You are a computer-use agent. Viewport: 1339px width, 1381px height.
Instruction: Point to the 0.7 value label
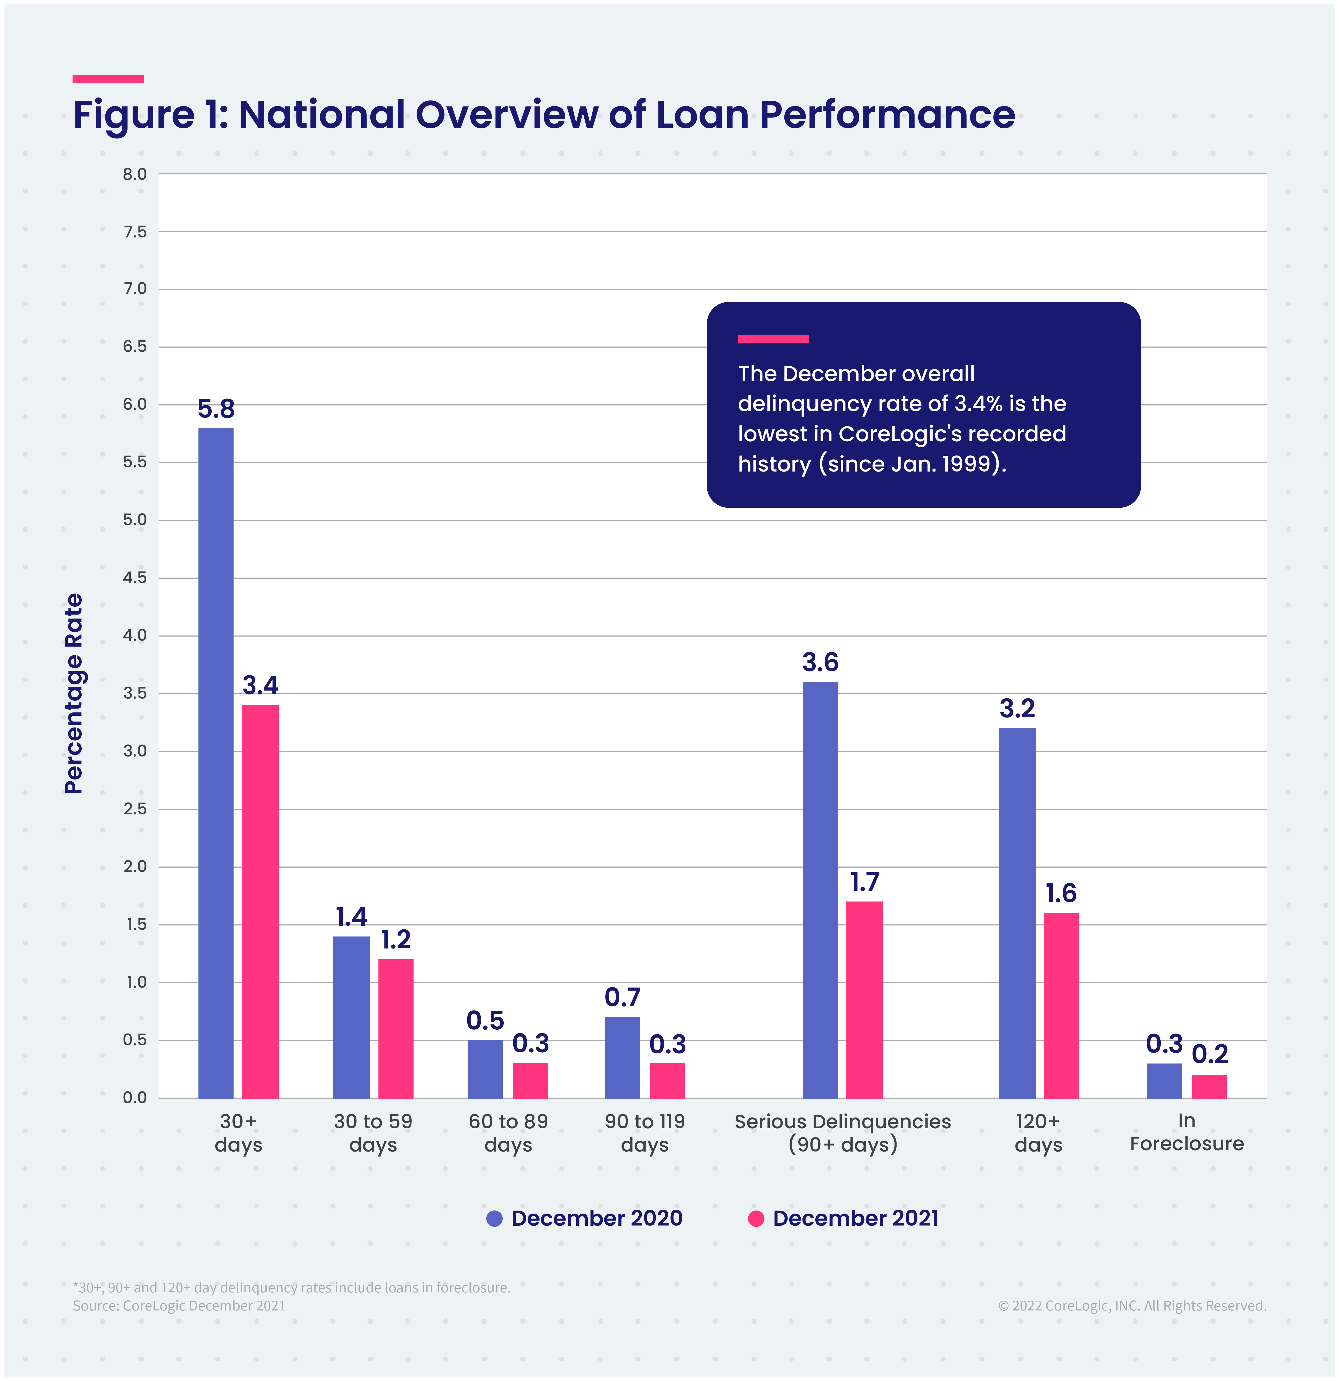click(x=622, y=998)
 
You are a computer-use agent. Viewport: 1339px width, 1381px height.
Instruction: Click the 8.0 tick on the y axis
click(x=135, y=174)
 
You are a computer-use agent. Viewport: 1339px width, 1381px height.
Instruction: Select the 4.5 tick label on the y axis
click(x=135, y=578)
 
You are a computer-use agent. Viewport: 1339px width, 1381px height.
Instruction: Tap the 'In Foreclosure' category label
click(x=1187, y=1132)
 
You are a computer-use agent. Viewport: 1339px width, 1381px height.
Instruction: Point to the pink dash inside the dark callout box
click(x=773, y=339)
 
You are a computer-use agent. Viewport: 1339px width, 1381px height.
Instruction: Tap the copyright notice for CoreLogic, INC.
click(x=1132, y=1306)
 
